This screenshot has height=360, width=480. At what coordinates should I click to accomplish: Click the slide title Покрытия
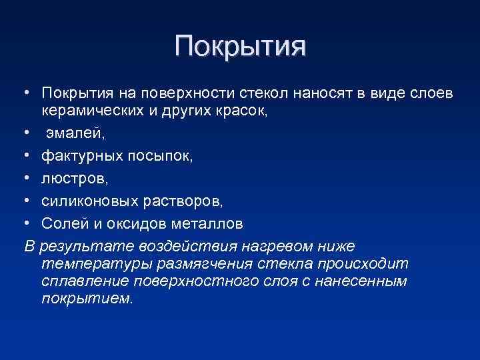point(240,47)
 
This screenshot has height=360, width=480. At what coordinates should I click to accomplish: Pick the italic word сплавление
point(80,281)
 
